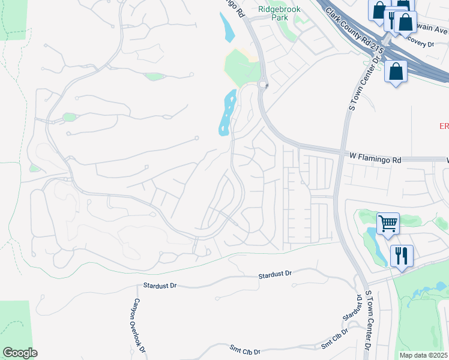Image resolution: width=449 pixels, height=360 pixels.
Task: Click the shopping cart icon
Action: tap(388, 224)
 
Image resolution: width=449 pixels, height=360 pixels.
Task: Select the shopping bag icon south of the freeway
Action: tap(397, 72)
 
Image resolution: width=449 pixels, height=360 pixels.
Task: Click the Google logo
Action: tap(20, 352)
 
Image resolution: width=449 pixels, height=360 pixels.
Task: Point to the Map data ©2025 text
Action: tap(423, 355)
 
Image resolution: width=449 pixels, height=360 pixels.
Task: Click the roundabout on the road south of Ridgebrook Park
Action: tap(263, 85)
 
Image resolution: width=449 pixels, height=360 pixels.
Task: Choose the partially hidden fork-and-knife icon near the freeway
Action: tap(391, 18)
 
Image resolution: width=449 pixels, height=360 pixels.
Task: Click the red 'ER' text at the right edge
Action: tap(444, 126)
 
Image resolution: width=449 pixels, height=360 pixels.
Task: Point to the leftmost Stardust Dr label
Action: tap(159, 286)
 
